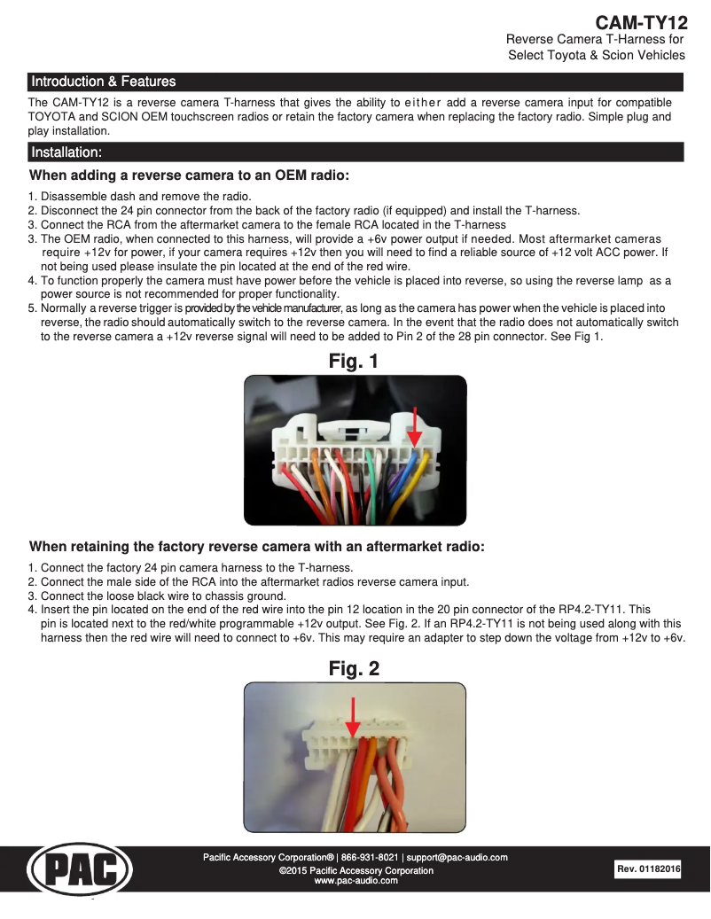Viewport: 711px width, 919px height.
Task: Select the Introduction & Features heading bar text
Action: tap(103, 82)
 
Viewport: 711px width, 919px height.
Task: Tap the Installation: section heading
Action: tap(66, 152)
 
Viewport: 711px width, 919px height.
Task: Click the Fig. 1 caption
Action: tap(354, 362)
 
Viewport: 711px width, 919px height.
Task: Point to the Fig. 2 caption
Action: tap(354, 669)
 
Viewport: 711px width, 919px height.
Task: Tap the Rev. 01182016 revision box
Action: tap(648, 869)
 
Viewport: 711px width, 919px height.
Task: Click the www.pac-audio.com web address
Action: tap(355, 881)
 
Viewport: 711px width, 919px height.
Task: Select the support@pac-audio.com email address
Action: tap(457, 858)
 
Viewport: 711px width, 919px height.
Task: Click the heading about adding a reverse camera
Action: tap(189, 175)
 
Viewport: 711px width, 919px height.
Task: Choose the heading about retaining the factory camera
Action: tap(256, 547)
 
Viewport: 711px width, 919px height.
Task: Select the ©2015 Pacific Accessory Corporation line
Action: tap(355, 870)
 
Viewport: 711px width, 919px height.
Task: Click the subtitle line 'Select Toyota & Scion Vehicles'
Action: tap(596, 55)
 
